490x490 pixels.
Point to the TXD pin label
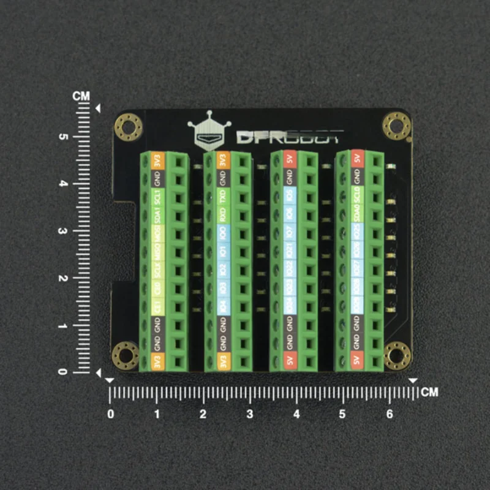coord(224,197)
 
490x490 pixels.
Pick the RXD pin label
coord(224,216)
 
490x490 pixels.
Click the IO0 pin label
coord(224,233)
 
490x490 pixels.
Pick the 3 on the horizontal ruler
coord(249,415)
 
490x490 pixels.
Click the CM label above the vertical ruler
coord(81,96)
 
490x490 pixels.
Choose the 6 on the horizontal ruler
coord(389,415)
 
